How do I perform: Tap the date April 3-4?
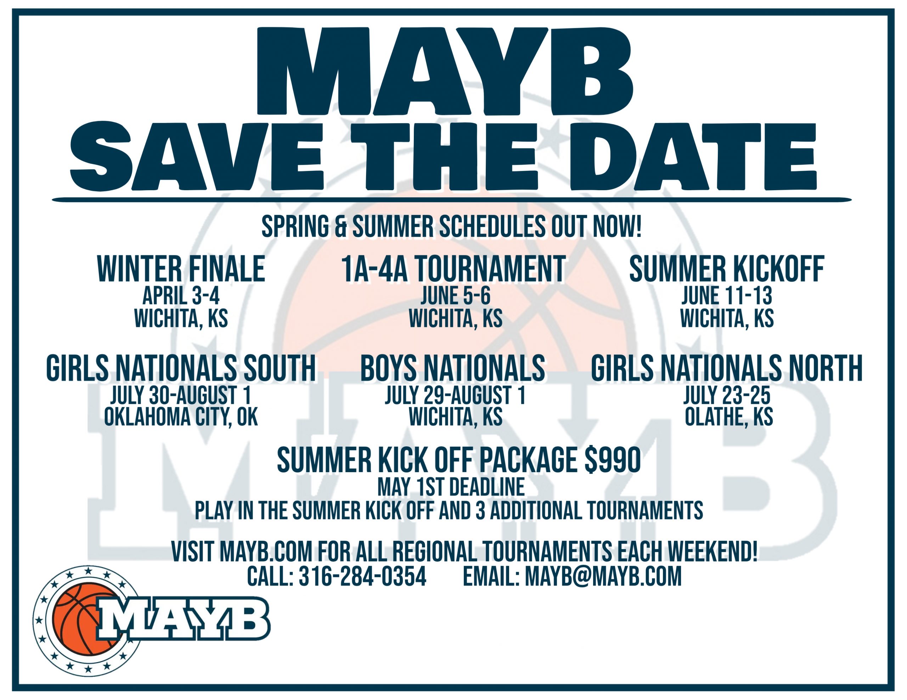point(181,296)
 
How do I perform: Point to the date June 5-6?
point(456,296)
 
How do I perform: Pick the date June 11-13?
point(727,296)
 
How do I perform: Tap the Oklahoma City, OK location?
point(181,417)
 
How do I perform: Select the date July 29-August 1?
point(456,395)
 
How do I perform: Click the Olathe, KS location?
point(729,417)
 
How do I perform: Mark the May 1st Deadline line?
point(451,487)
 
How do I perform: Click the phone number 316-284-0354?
point(362,576)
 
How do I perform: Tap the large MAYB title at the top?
point(445,72)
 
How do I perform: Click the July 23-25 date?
point(727,395)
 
